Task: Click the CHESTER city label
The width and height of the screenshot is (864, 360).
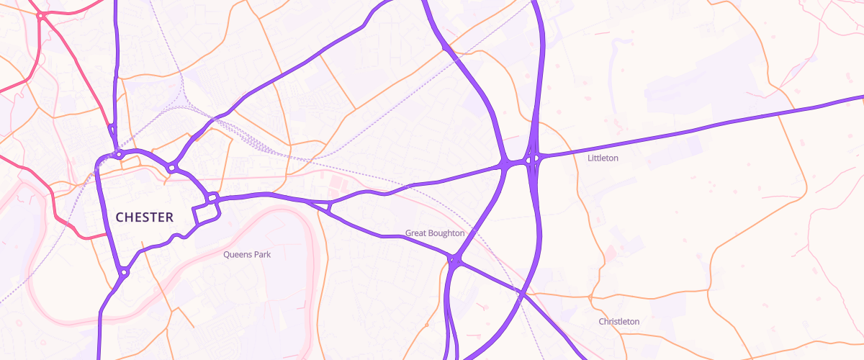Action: pos(144,217)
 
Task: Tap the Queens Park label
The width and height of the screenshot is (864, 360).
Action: pos(246,254)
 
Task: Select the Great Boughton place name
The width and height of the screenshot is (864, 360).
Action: pos(435,233)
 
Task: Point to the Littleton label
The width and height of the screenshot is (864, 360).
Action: pos(603,158)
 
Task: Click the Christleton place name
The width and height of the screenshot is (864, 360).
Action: pos(618,321)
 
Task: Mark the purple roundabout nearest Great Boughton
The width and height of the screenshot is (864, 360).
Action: pos(454,260)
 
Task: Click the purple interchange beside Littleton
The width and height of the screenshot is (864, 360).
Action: pos(533,159)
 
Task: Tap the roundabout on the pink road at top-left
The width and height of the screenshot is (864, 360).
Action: pos(42,15)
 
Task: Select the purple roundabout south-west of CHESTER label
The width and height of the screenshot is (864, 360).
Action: pos(124,272)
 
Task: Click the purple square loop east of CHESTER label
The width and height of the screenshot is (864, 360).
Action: pos(206,215)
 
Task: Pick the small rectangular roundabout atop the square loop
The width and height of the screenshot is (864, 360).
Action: pos(212,197)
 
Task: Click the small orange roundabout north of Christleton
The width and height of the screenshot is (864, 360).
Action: pos(590,297)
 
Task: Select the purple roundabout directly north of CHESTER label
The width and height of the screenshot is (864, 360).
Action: pos(117,154)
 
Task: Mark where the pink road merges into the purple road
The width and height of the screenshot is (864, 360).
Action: pos(112,128)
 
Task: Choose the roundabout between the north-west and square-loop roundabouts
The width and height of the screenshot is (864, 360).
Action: pos(171,168)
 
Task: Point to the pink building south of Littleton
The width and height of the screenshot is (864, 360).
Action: pos(611,253)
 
